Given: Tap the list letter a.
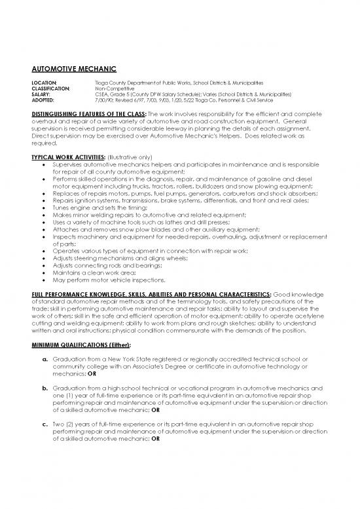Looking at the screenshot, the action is pyautogui.click(x=45, y=360).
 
